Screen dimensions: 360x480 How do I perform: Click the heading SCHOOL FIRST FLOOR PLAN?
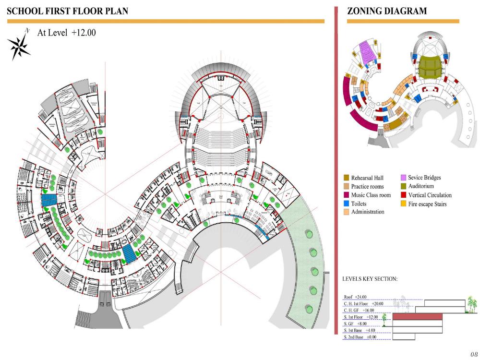(x=68, y=11)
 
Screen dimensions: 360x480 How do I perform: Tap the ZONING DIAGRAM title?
(x=387, y=11)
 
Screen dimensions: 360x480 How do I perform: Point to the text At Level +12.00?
(x=67, y=33)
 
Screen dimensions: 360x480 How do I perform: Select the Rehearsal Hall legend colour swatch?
(x=346, y=178)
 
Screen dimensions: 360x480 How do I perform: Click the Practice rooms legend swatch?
(x=346, y=186)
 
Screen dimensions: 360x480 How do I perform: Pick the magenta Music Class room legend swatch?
(x=346, y=195)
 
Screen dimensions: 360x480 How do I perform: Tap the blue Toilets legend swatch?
(x=346, y=204)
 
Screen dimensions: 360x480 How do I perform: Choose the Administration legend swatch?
(x=346, y=212)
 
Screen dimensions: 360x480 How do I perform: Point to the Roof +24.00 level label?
(x=355, y=297)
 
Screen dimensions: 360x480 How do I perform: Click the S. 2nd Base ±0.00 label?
(x=360, y=337)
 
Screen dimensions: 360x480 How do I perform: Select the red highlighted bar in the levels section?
(x=417, y=317)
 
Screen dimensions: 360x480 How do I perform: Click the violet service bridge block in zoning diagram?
(x=369, y=52)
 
